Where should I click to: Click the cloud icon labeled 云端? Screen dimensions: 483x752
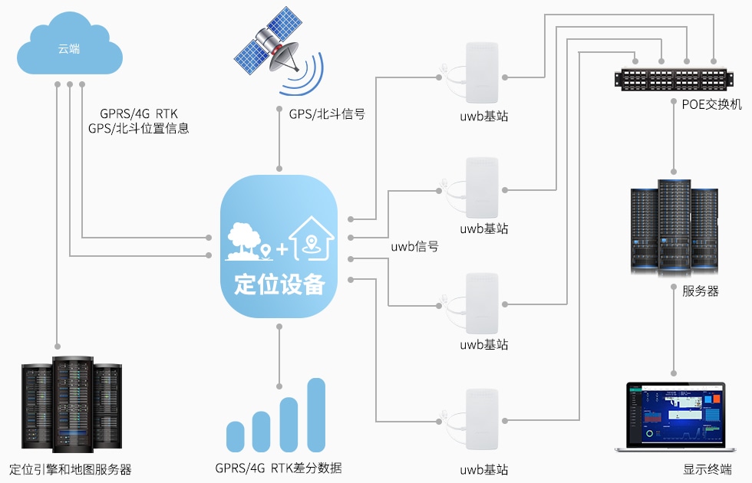pyautogui.click(x=69, y=48)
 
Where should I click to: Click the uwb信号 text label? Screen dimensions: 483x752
pyautogui.click(x=414, y=246)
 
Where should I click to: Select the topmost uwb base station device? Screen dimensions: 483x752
pyautogui.click(x=481, y=73)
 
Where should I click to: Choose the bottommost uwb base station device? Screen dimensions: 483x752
pyautogui.click(x=481, y=420)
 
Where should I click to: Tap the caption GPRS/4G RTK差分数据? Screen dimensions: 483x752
pyautogui.click(x=278, y=468)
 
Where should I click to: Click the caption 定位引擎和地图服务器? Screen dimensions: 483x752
pyautogui.click(x=70, y=469)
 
